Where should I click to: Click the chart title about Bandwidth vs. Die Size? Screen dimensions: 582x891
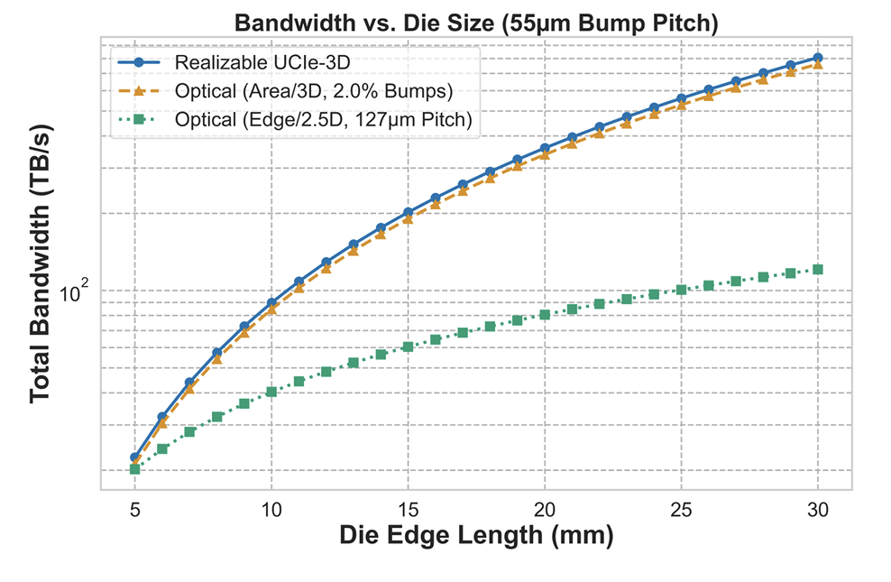pos(476,24)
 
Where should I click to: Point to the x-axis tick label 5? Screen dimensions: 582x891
pos(134,508)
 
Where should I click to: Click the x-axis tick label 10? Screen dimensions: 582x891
pos(271,508)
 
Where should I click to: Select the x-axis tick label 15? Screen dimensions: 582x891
pos(408,508)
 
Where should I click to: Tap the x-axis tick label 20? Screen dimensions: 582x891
pos(545,508)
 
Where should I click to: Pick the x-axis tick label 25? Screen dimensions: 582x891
pos(681,508)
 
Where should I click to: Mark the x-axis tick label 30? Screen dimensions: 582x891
pos(818,508)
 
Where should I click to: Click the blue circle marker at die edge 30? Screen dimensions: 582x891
pos(818,58)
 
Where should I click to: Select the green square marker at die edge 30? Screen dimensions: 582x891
pos(818,270)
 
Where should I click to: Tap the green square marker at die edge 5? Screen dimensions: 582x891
pos(134,469)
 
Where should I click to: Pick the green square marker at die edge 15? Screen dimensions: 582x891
pos(408,346)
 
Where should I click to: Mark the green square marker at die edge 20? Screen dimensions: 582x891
pos(545,315)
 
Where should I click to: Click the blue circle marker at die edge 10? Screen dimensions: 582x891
pos(271,302)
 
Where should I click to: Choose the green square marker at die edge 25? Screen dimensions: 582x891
pos(681,291)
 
